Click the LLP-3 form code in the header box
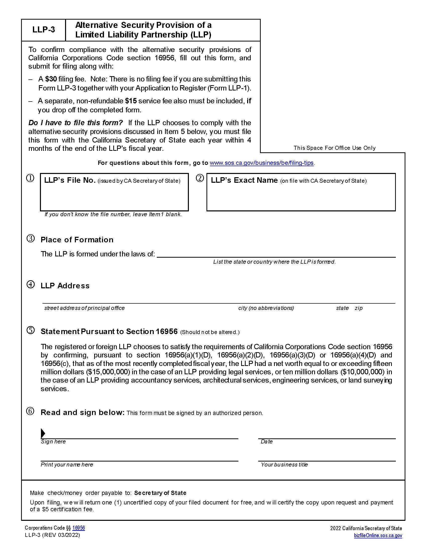(x=43, y=30)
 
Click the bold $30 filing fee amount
(x=51, y=79)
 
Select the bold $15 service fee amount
(x=131, y=101)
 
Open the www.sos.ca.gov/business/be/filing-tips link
(x=261, y=163)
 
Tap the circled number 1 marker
(x=30, y=178)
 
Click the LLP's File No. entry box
(x=114, y=196)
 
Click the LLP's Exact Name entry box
(x=301, y=196)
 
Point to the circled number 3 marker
(x=31, y=239)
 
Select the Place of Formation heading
(x=77, y=240)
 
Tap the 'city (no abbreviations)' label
(x=266, y=308)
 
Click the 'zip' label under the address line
(x=358, y=308)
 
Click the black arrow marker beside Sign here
(x=43, y=433)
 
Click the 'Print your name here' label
(x=67, y=465)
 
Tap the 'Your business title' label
(x=284, y=465)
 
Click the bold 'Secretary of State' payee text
(x=160, y=493)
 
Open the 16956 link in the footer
(x=78, y=528)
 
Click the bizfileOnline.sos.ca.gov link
(x=378, y=535)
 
